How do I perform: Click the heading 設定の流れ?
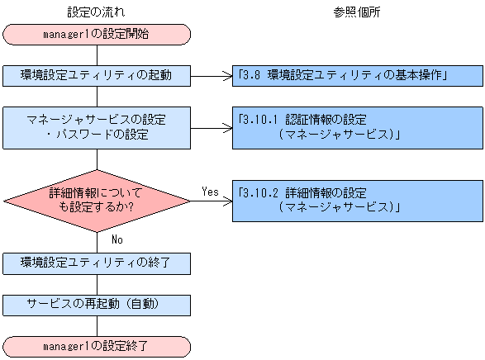[x=97, y=12]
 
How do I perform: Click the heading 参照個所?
[x=357, y=12]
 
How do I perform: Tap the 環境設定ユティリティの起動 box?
[x=97, y=76]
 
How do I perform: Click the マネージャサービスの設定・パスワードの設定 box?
[x=97, y=127]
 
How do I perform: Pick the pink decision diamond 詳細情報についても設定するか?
[x=97, y=201]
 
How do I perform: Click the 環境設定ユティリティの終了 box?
[x=97, y=263]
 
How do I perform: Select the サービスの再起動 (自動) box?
[x=97, y=304]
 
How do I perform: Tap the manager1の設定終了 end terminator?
[x=97, y=345]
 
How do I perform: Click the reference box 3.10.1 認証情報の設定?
[x=357, y=127]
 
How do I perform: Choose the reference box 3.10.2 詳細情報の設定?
[x=357, y=201]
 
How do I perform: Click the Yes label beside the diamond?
[x=210, y=191]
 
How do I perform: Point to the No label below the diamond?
[x=116, y=239]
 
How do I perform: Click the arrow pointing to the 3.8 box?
[x=212, y=76]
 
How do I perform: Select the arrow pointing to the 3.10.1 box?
[x=212, y=127]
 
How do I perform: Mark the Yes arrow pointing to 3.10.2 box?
[x=212, y=201]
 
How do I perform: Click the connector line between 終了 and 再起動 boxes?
[x=97, y=283]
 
